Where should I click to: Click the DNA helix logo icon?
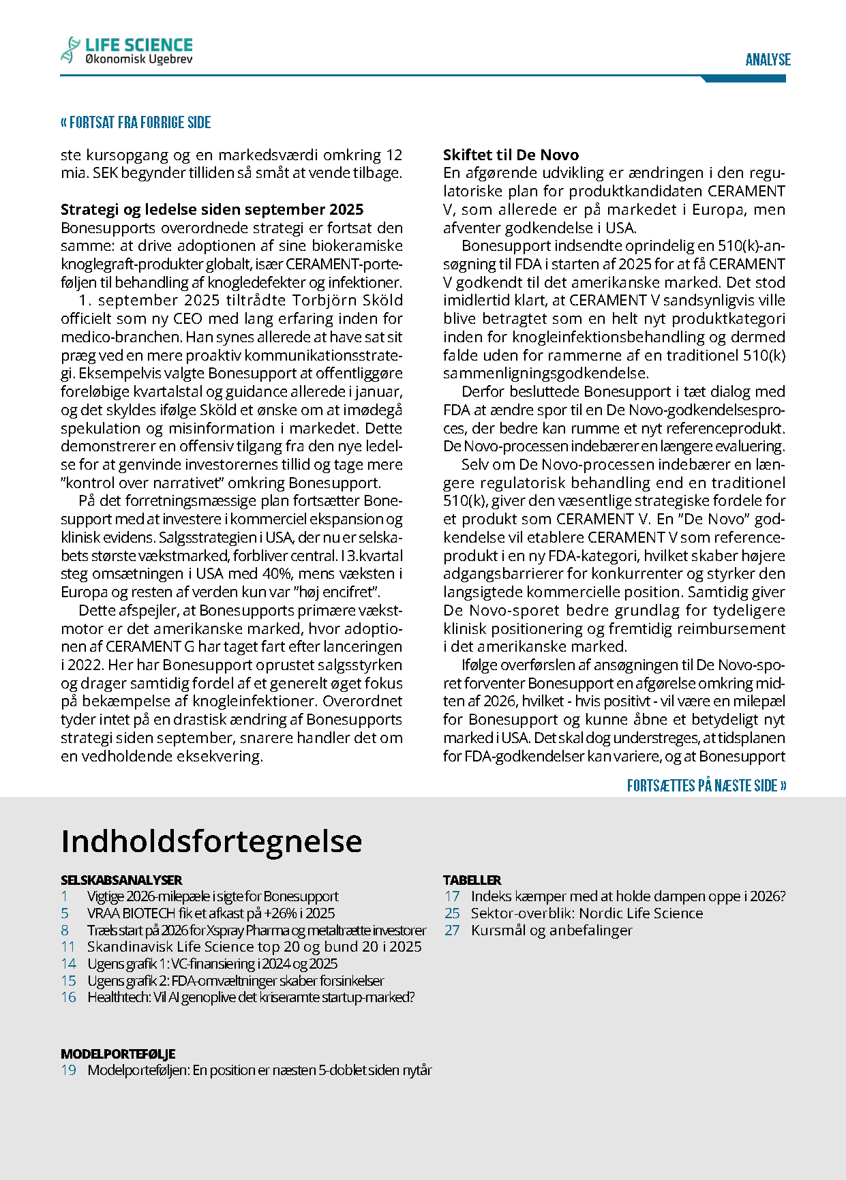(70, 50)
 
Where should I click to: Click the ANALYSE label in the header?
(768, 60)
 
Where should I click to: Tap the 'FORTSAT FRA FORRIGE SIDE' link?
(136, 123)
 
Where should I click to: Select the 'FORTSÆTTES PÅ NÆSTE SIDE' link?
(706, 785)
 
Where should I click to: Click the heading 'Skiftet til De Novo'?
(511, 155)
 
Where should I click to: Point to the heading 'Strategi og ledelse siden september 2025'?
(212, 209)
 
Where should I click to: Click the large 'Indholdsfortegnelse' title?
(211, 841)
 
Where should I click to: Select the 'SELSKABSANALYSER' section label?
(121, 880)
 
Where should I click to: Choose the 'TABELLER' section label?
(472, 880)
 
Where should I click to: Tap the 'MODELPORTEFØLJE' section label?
(118, 1054)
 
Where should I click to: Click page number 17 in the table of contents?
(452, 896)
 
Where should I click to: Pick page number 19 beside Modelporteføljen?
(68, 1070)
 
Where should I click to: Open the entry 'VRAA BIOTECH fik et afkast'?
(211, 913)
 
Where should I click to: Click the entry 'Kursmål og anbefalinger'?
(552, 931)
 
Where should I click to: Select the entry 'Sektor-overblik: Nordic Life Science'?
(586, 913)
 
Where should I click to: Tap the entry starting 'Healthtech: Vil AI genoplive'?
(251, 997)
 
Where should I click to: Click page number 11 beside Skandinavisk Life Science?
(67, 947)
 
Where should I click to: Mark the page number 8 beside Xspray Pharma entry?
(65, 931)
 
